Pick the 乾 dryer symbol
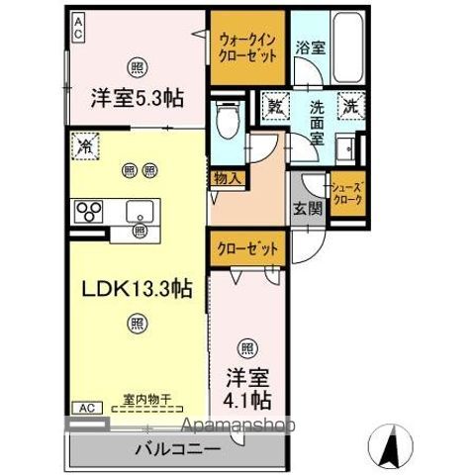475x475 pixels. (x=274, y=102)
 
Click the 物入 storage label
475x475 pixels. (x=227, y=177)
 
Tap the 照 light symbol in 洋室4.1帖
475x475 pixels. (x=246, y=346)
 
